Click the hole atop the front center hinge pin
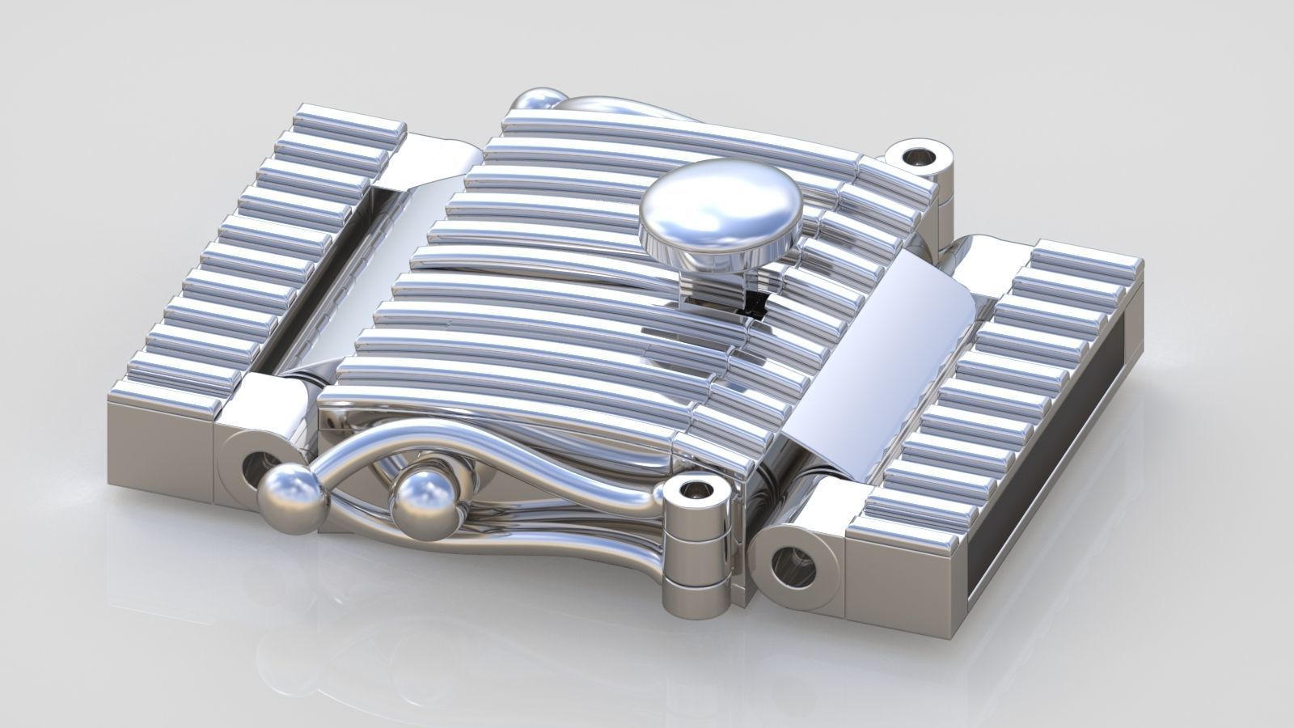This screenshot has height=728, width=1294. click(x=695, y=491)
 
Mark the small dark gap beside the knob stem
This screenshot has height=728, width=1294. click(x=755, y=303)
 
